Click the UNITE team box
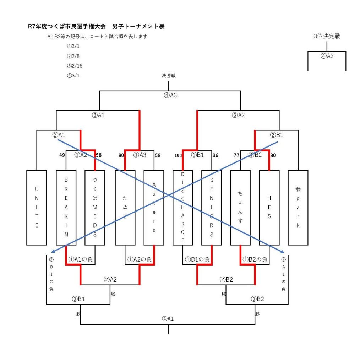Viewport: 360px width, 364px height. [37, 208]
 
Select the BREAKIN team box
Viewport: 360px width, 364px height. [66, 208]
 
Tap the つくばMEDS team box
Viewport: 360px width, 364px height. [95, 208]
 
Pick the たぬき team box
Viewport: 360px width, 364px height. [125, 208]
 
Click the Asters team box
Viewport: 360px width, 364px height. [154, 208]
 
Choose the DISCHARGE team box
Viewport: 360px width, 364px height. [183, 208]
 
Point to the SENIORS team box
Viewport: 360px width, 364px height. [212, 208]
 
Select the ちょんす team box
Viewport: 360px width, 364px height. [240, 208]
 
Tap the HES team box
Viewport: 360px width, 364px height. [269, 208]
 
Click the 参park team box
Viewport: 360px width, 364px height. [298, 208]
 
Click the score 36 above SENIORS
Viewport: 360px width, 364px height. [215, 155]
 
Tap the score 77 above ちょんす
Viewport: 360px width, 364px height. [237, 155]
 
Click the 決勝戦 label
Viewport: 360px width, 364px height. [169, 76]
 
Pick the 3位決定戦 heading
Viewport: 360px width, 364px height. [327, 36]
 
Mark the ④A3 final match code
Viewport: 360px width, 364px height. [170, 95]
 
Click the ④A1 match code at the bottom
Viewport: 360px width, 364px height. [168, 318]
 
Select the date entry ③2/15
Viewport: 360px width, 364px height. [75, 66]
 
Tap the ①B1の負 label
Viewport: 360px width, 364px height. [197, 260]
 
